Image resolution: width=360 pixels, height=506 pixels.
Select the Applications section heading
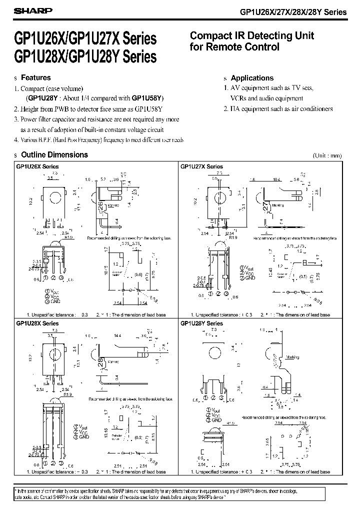pyautogui.click(x=252, y=78)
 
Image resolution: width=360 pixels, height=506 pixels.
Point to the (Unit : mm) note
pyautogui.click(x=327, y=155)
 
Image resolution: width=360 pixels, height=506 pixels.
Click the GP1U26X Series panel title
pyautogui.click(x=37, y=166)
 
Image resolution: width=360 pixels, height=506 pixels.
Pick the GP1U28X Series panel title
pyautogui.click(x=37, y=323)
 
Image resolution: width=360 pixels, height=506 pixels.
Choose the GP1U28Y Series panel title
pyautogui.click(x=201, y=323)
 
